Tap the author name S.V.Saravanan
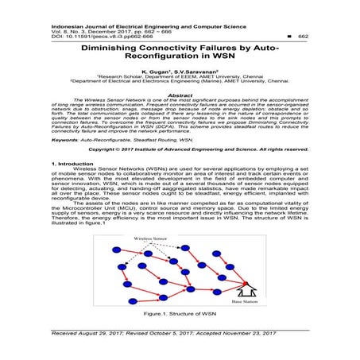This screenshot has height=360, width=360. click(193, 71)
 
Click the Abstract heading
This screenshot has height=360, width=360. click(180, 93)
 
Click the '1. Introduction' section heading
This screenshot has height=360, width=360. click(74, 184)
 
